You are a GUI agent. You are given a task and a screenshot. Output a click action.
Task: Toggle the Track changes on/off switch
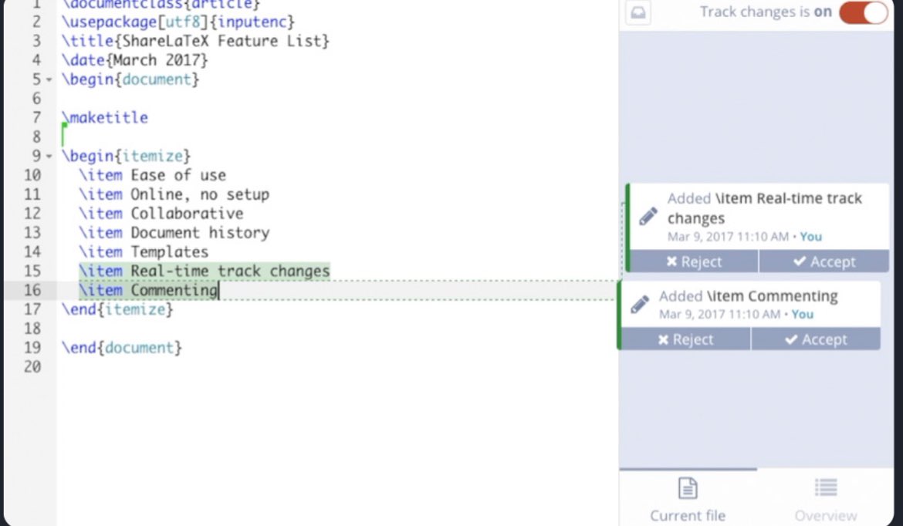[864, 12]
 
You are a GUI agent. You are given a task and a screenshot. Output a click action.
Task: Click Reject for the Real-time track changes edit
[693, 261]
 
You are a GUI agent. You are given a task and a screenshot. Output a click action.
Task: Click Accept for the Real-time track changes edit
[824, 261]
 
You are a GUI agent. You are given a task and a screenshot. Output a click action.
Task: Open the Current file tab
[688, 497]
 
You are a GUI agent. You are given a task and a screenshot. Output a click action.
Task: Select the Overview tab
[825, 497]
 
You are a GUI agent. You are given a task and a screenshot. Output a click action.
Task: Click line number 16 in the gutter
[32, 290]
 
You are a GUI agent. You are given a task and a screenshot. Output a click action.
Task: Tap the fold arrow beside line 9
[49, 157]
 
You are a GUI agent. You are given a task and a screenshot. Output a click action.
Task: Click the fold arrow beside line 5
[49, 80]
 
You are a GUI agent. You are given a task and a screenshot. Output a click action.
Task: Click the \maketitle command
[105, 117]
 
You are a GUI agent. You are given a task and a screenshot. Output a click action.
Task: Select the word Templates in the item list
[169, 251]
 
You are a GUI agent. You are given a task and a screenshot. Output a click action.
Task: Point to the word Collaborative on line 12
[187, 213]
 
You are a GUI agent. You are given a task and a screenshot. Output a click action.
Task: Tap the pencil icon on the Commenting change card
[640, 304]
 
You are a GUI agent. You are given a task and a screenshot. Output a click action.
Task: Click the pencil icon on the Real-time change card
[648, 216]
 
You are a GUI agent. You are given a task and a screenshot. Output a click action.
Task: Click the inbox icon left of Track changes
[638, 13]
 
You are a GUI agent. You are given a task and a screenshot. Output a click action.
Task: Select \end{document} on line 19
[122, 348]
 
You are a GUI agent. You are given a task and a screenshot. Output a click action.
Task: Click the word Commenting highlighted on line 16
[174, 290]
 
